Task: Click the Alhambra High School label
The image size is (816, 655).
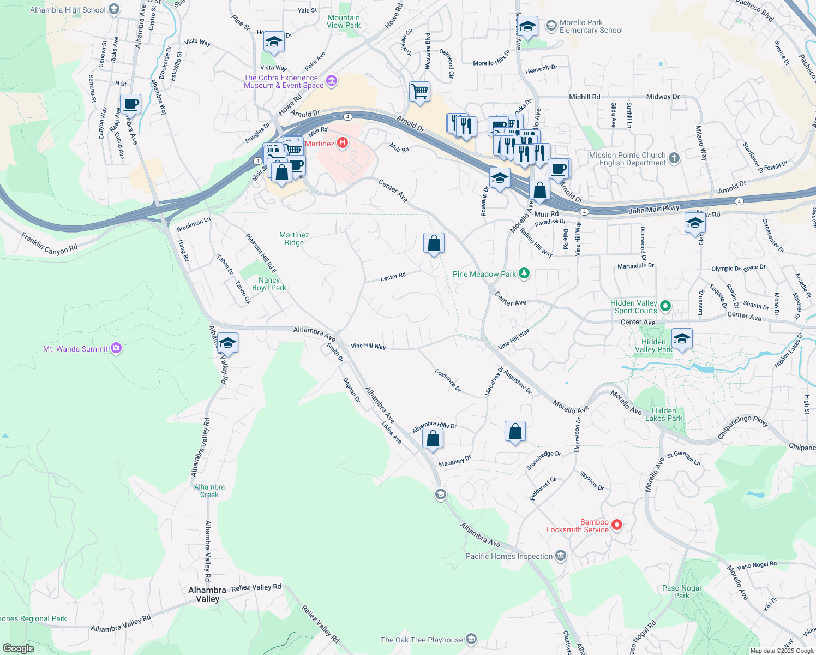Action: click(68, 10)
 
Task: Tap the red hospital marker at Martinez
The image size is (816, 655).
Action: click(343, 144)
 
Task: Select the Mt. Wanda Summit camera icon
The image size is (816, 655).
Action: click(116, 348)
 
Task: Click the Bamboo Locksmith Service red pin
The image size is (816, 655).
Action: click(617, 525)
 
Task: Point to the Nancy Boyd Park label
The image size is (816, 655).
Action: click(269, 284)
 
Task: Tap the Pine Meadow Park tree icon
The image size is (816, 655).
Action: click(524, 273)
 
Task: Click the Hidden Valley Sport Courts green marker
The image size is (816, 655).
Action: click(665, 306)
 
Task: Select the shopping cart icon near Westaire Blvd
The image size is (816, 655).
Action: click(419, 92)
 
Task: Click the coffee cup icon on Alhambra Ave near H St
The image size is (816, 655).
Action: click(130, 104)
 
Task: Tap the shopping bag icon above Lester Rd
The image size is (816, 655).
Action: click(434, 243)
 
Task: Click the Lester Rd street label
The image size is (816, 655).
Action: click(393, 277)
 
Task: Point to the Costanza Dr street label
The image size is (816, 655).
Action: click(448, 380)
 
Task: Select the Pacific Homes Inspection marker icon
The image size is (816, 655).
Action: click(560, 556)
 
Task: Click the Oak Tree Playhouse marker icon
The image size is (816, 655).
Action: click(471, 639)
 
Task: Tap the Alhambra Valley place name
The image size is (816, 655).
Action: click(207, 594)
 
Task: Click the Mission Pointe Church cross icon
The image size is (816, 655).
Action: click(674, 158)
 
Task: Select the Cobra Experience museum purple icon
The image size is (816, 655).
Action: click(332, 81)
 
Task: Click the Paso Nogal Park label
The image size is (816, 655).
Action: click(682, 592)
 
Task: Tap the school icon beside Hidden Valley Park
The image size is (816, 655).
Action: click(682, 338)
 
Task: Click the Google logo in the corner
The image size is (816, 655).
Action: click(18, 648)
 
